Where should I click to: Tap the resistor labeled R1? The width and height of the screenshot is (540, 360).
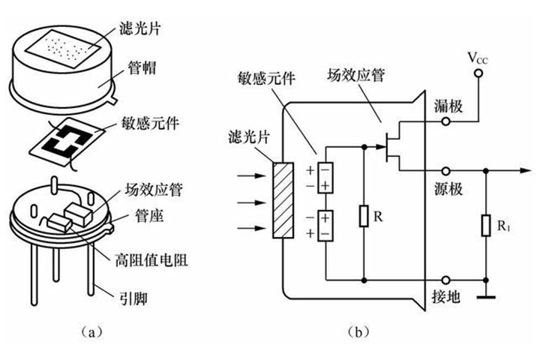[487, 226]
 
